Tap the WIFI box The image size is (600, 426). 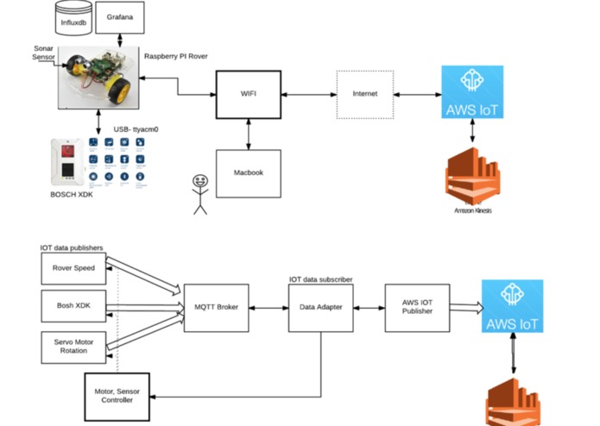249,94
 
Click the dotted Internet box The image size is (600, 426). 364,94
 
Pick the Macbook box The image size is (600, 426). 249,172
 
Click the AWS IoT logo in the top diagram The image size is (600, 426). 471,91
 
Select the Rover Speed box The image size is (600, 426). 73,268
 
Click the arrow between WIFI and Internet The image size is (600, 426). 306,94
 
